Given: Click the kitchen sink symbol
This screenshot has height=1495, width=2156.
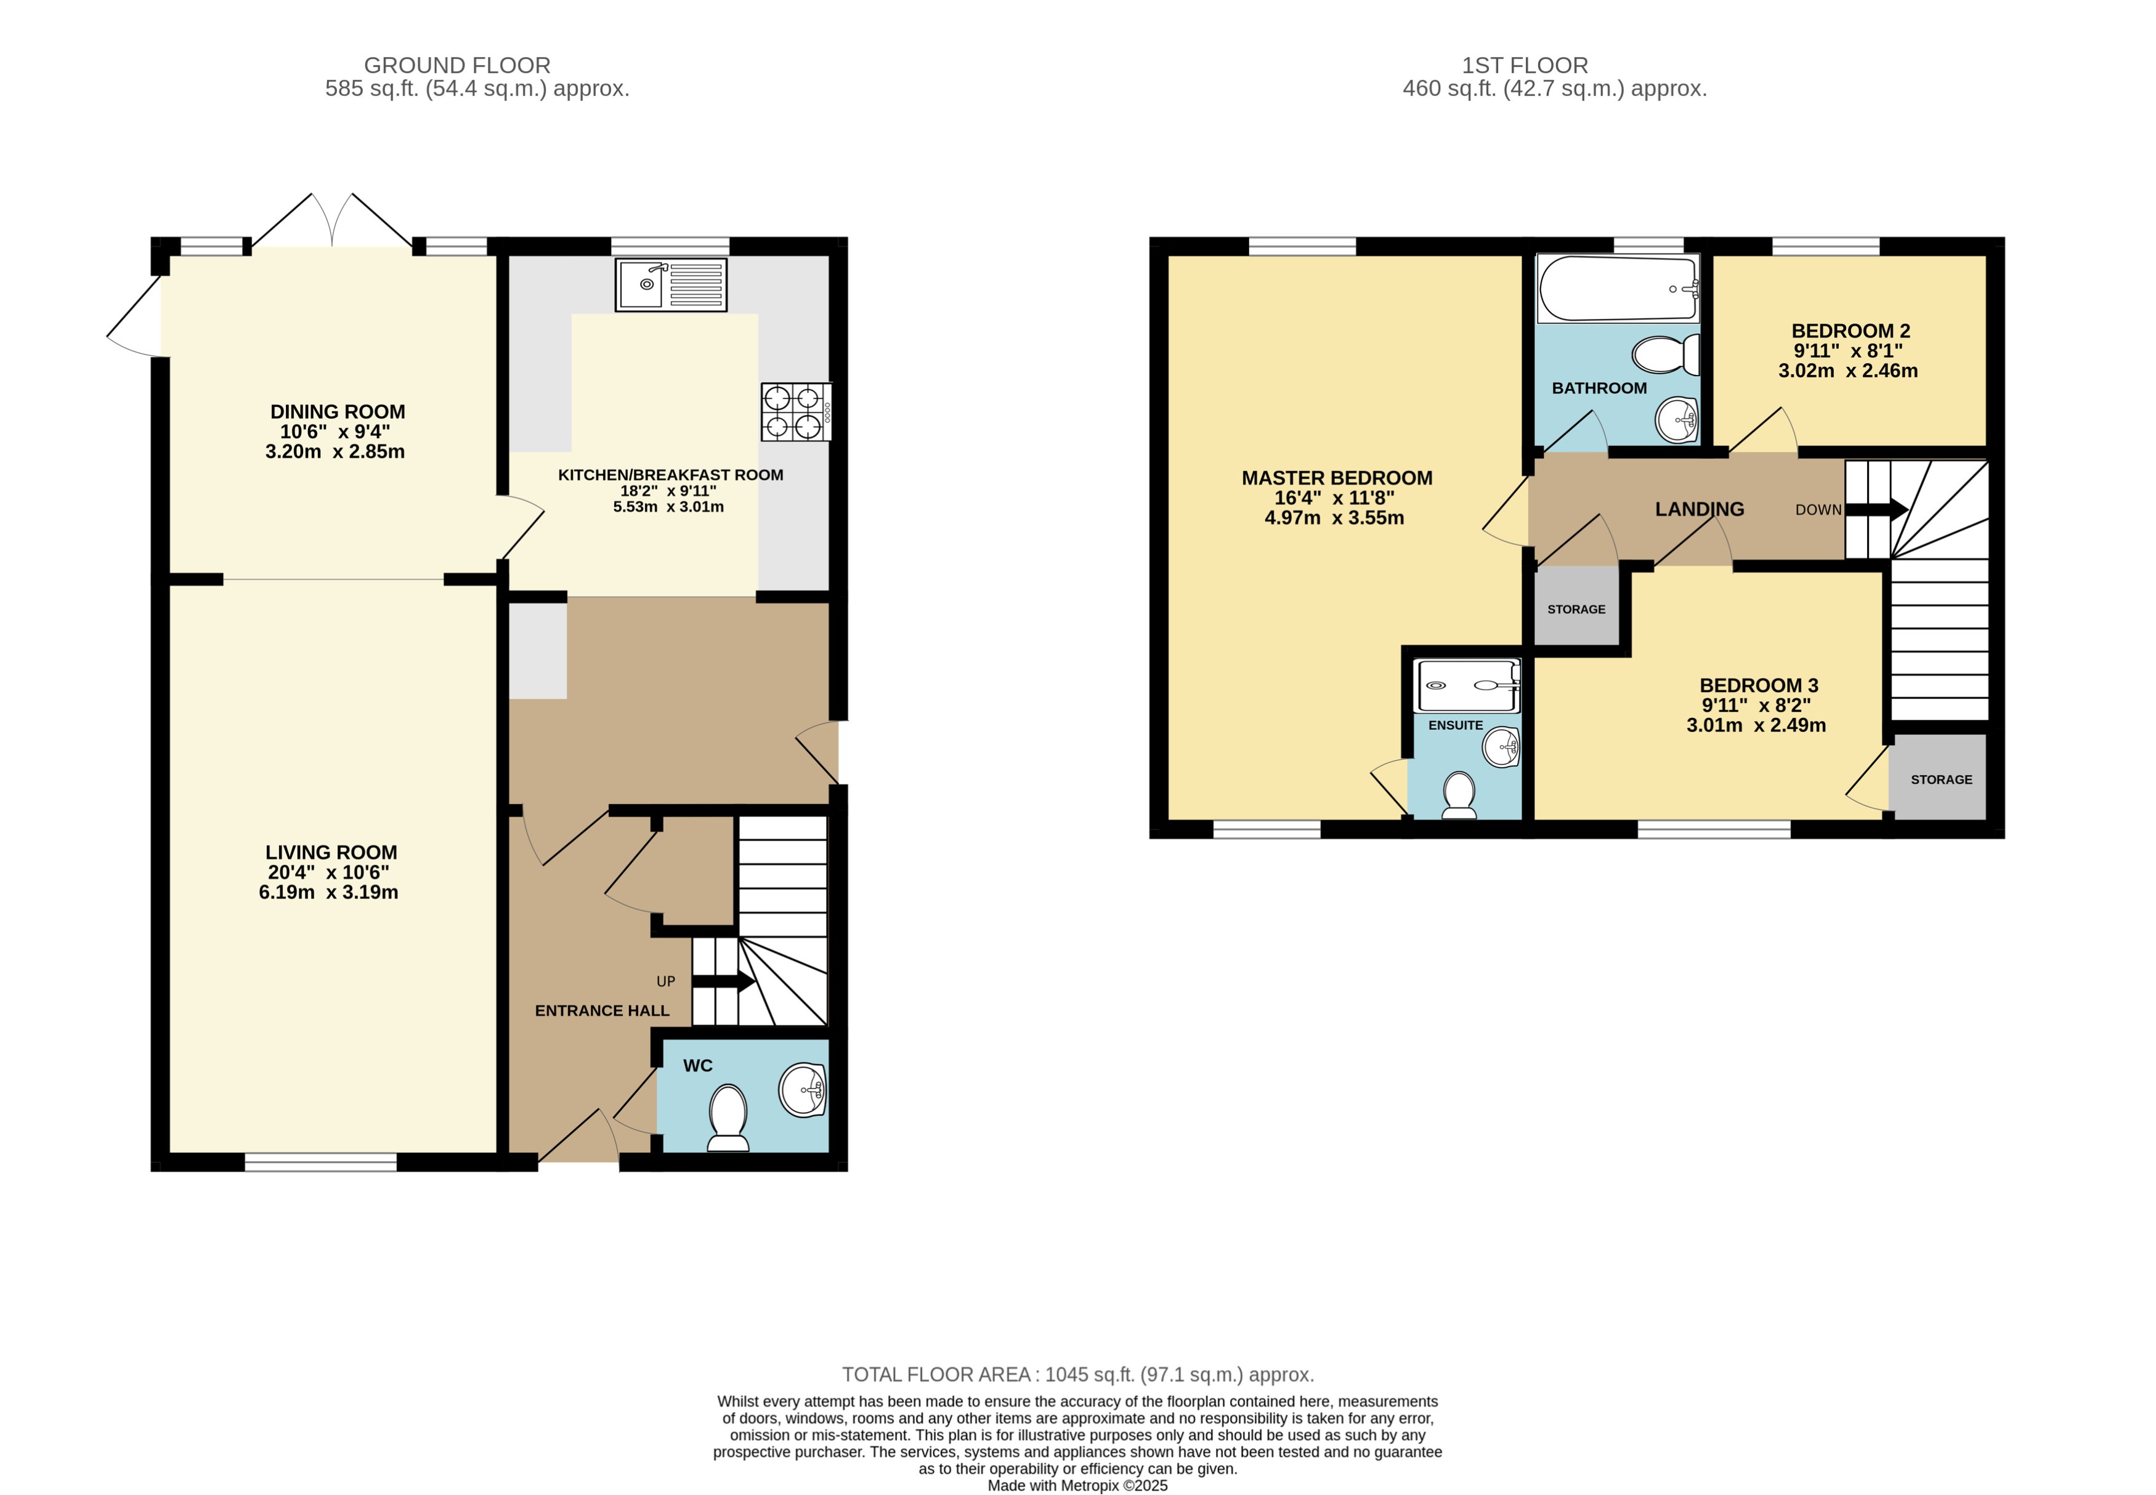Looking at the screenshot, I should [x=670, y=284].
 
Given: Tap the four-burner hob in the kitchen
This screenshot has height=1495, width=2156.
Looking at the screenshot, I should [x=795, y=412].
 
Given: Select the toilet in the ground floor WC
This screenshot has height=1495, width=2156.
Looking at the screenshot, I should [x=728, y=1116].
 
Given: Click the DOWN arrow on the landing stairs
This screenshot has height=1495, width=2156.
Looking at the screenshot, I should [x=1876, y=510].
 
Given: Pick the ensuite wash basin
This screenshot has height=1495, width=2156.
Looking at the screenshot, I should [x=1500, y=746].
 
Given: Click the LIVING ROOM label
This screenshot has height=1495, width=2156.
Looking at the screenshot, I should [x=331, y=852].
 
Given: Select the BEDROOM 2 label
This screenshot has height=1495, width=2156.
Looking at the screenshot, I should [x=1850, y=331].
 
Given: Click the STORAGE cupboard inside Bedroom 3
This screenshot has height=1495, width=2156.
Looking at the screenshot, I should [x=1940, y=778].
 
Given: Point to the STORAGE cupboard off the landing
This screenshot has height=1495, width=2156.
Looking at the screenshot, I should [x=1576, y=609].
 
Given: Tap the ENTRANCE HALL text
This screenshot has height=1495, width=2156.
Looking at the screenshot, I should [x=602, y=1010].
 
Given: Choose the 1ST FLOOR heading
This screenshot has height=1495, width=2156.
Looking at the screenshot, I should [x=1525, y=65].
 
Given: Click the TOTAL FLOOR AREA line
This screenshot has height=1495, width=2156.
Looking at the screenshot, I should [x=1077, y=1374].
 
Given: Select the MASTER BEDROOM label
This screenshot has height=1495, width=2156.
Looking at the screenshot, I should [x=1336, y=478].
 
